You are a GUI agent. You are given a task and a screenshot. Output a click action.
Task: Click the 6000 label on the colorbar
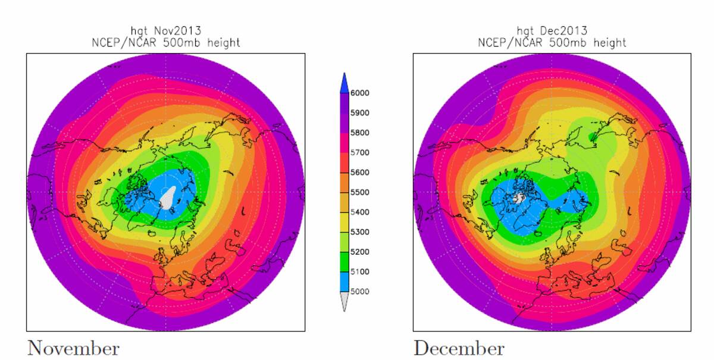(x=361, y=93)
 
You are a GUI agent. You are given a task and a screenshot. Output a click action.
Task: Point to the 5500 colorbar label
(x=361, y=192)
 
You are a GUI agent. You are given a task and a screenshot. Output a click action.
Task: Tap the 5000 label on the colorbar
(x=361, y=292)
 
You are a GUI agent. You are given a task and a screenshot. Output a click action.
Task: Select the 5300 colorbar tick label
(x=361, y=232)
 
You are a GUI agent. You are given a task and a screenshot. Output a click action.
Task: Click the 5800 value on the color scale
(x=361, y=133)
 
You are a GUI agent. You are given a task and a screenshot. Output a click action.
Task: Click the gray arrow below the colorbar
(x=344, y=302)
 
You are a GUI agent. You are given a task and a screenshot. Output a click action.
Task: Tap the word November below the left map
(x=73, y=348)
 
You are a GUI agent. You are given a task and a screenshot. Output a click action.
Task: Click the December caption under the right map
(x=459, y=348)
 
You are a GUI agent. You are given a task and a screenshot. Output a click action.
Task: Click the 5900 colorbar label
(x=361, y=113)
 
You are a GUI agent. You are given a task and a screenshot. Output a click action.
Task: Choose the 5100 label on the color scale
(x=361, y=272)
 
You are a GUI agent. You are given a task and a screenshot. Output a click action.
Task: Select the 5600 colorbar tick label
(x=361, y=173)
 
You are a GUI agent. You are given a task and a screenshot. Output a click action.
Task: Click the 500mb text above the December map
(x=556, y=43)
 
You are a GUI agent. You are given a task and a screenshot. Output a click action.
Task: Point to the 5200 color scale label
(x=361, y=252)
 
